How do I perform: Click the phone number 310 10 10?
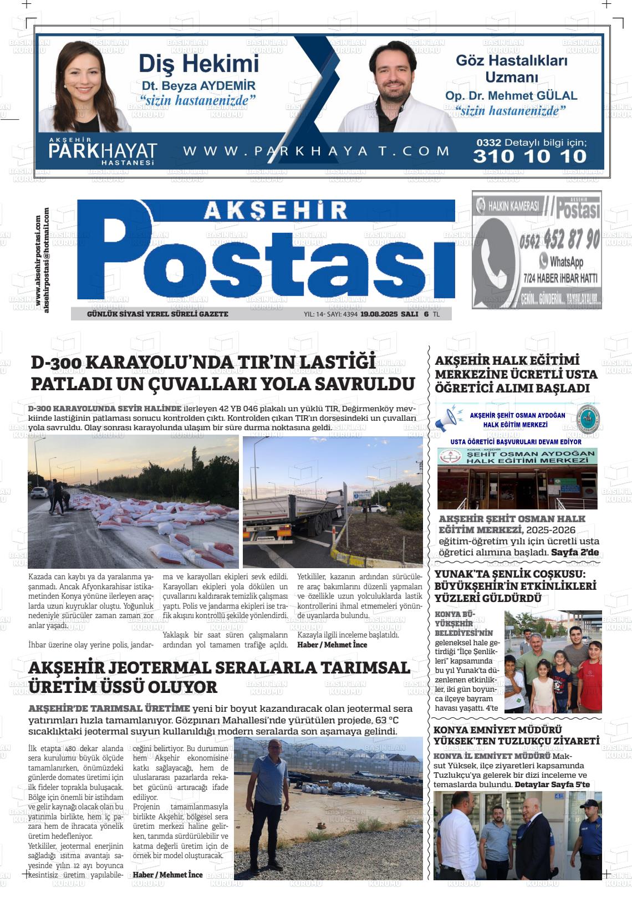click(529, 156)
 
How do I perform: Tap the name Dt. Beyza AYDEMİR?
click(198, 86)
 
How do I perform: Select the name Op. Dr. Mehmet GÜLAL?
click(511, 96)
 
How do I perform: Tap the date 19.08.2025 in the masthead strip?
click(379, 314)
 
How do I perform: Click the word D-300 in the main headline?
click(57, 363)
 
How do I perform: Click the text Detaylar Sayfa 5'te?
click(552, 785)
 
